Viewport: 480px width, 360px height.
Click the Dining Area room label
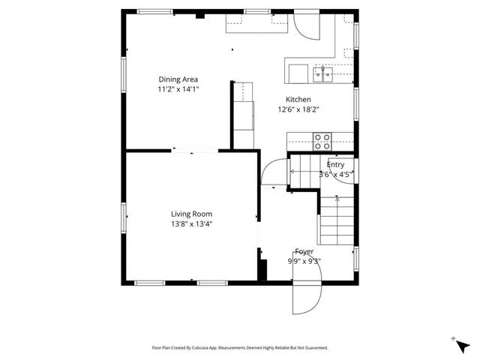pos(178,79)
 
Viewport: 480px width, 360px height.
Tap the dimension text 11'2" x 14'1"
pos(178,89)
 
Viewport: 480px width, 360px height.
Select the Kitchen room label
pos(298,100)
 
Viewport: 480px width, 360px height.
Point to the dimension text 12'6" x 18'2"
pos(298,109)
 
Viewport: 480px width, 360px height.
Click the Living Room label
pos(190,214)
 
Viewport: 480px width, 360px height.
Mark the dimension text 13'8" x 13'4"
pos(190,223)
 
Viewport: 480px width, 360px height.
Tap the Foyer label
pos(304,252)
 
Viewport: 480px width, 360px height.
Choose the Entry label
pos(335,164)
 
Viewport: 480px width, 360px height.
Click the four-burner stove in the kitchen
pos(322,140)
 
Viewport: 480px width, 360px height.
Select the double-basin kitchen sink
pos(323,73)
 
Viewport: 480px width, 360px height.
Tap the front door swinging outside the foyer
pos(305,300)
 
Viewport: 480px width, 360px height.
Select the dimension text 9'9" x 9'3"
pos(304,262)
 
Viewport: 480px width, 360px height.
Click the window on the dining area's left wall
pos(124,75)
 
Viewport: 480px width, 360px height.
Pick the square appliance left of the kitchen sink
pos(298,73)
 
